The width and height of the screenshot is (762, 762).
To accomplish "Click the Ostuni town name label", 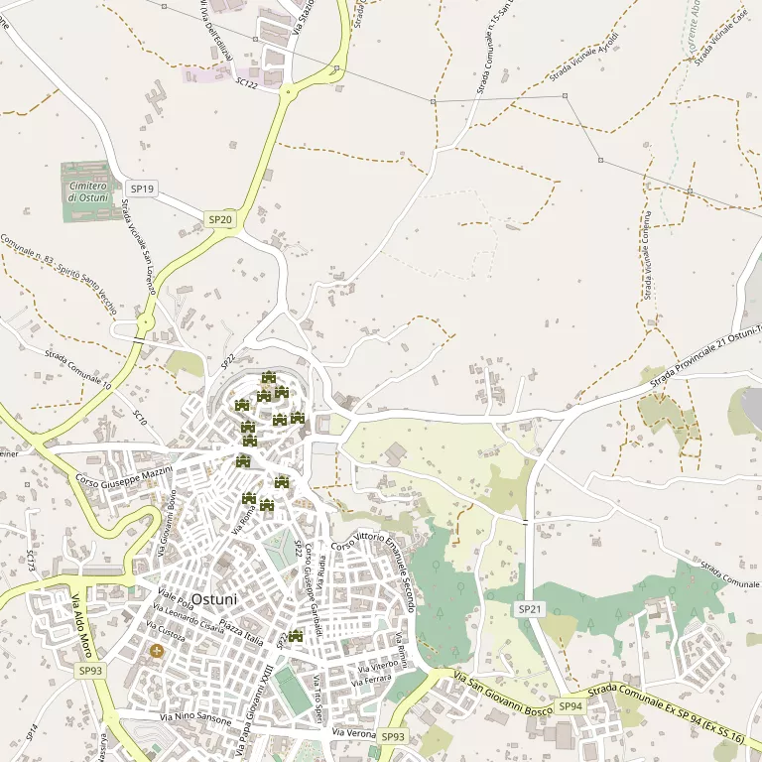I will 214,599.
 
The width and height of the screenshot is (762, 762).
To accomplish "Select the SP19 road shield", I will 143,189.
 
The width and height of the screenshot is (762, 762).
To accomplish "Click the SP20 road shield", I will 220,219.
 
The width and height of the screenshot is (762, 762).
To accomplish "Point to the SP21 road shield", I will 530,608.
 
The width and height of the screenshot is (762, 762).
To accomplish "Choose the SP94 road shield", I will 570,706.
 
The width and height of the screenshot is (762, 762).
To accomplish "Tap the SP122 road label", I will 247,85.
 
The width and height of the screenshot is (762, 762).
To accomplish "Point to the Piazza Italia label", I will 241,631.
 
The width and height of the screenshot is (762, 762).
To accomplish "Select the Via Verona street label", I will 353,732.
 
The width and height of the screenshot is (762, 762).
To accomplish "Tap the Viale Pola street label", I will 175,599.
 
